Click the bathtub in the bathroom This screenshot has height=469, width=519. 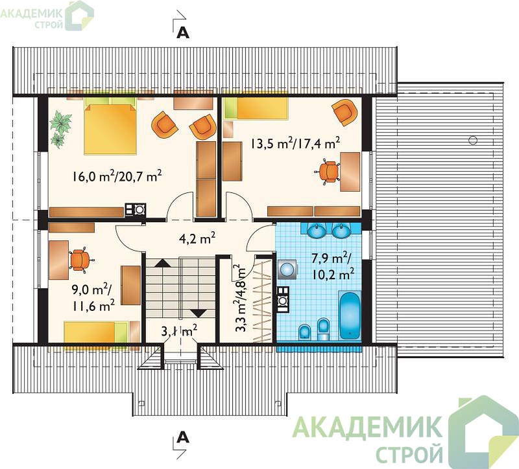coord(350,315)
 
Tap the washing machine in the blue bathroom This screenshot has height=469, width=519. coord(287,269)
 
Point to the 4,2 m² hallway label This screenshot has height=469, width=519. coord(197,237)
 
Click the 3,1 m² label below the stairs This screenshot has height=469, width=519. coord(179,331)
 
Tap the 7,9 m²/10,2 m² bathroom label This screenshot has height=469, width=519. coord(333,266)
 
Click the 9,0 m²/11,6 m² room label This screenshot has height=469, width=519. coord(93,298)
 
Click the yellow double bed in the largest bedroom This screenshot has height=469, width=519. coord(110,128)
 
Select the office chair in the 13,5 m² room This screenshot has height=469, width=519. coord(328,171)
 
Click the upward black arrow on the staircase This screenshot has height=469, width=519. coord(163,263)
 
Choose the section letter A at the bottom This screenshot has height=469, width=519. coord(183,437)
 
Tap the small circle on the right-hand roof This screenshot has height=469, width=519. coord(473,140)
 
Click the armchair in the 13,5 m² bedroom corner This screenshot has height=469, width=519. coord(345,112)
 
